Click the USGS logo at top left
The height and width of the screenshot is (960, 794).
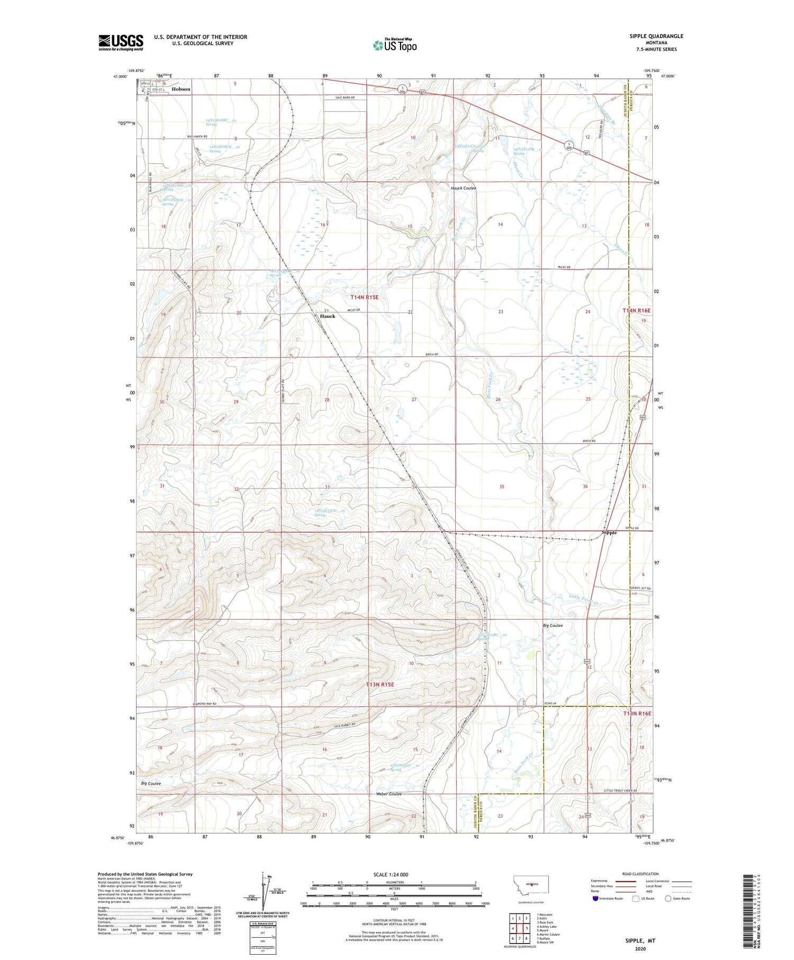[x=121, y=42]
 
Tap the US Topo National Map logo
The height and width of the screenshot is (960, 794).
[x=394, y=45]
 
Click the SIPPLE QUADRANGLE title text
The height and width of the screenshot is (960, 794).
[x=653, y=36]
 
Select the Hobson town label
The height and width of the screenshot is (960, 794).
[x=181, y=89]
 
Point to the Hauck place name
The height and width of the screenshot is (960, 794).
[x=328, y=316]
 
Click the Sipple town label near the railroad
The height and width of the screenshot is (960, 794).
[x=609, y=533]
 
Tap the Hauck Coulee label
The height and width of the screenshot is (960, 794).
[x=463, y=188]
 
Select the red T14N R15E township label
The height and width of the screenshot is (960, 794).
[x=364, y=298]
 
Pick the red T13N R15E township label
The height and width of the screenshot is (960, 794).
[x=380, y=685]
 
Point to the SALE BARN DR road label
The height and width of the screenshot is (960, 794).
[x=344, y=98]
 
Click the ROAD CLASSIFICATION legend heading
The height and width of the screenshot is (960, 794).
[x=640, y=874]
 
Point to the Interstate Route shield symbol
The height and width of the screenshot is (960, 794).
[x=596, y=899]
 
